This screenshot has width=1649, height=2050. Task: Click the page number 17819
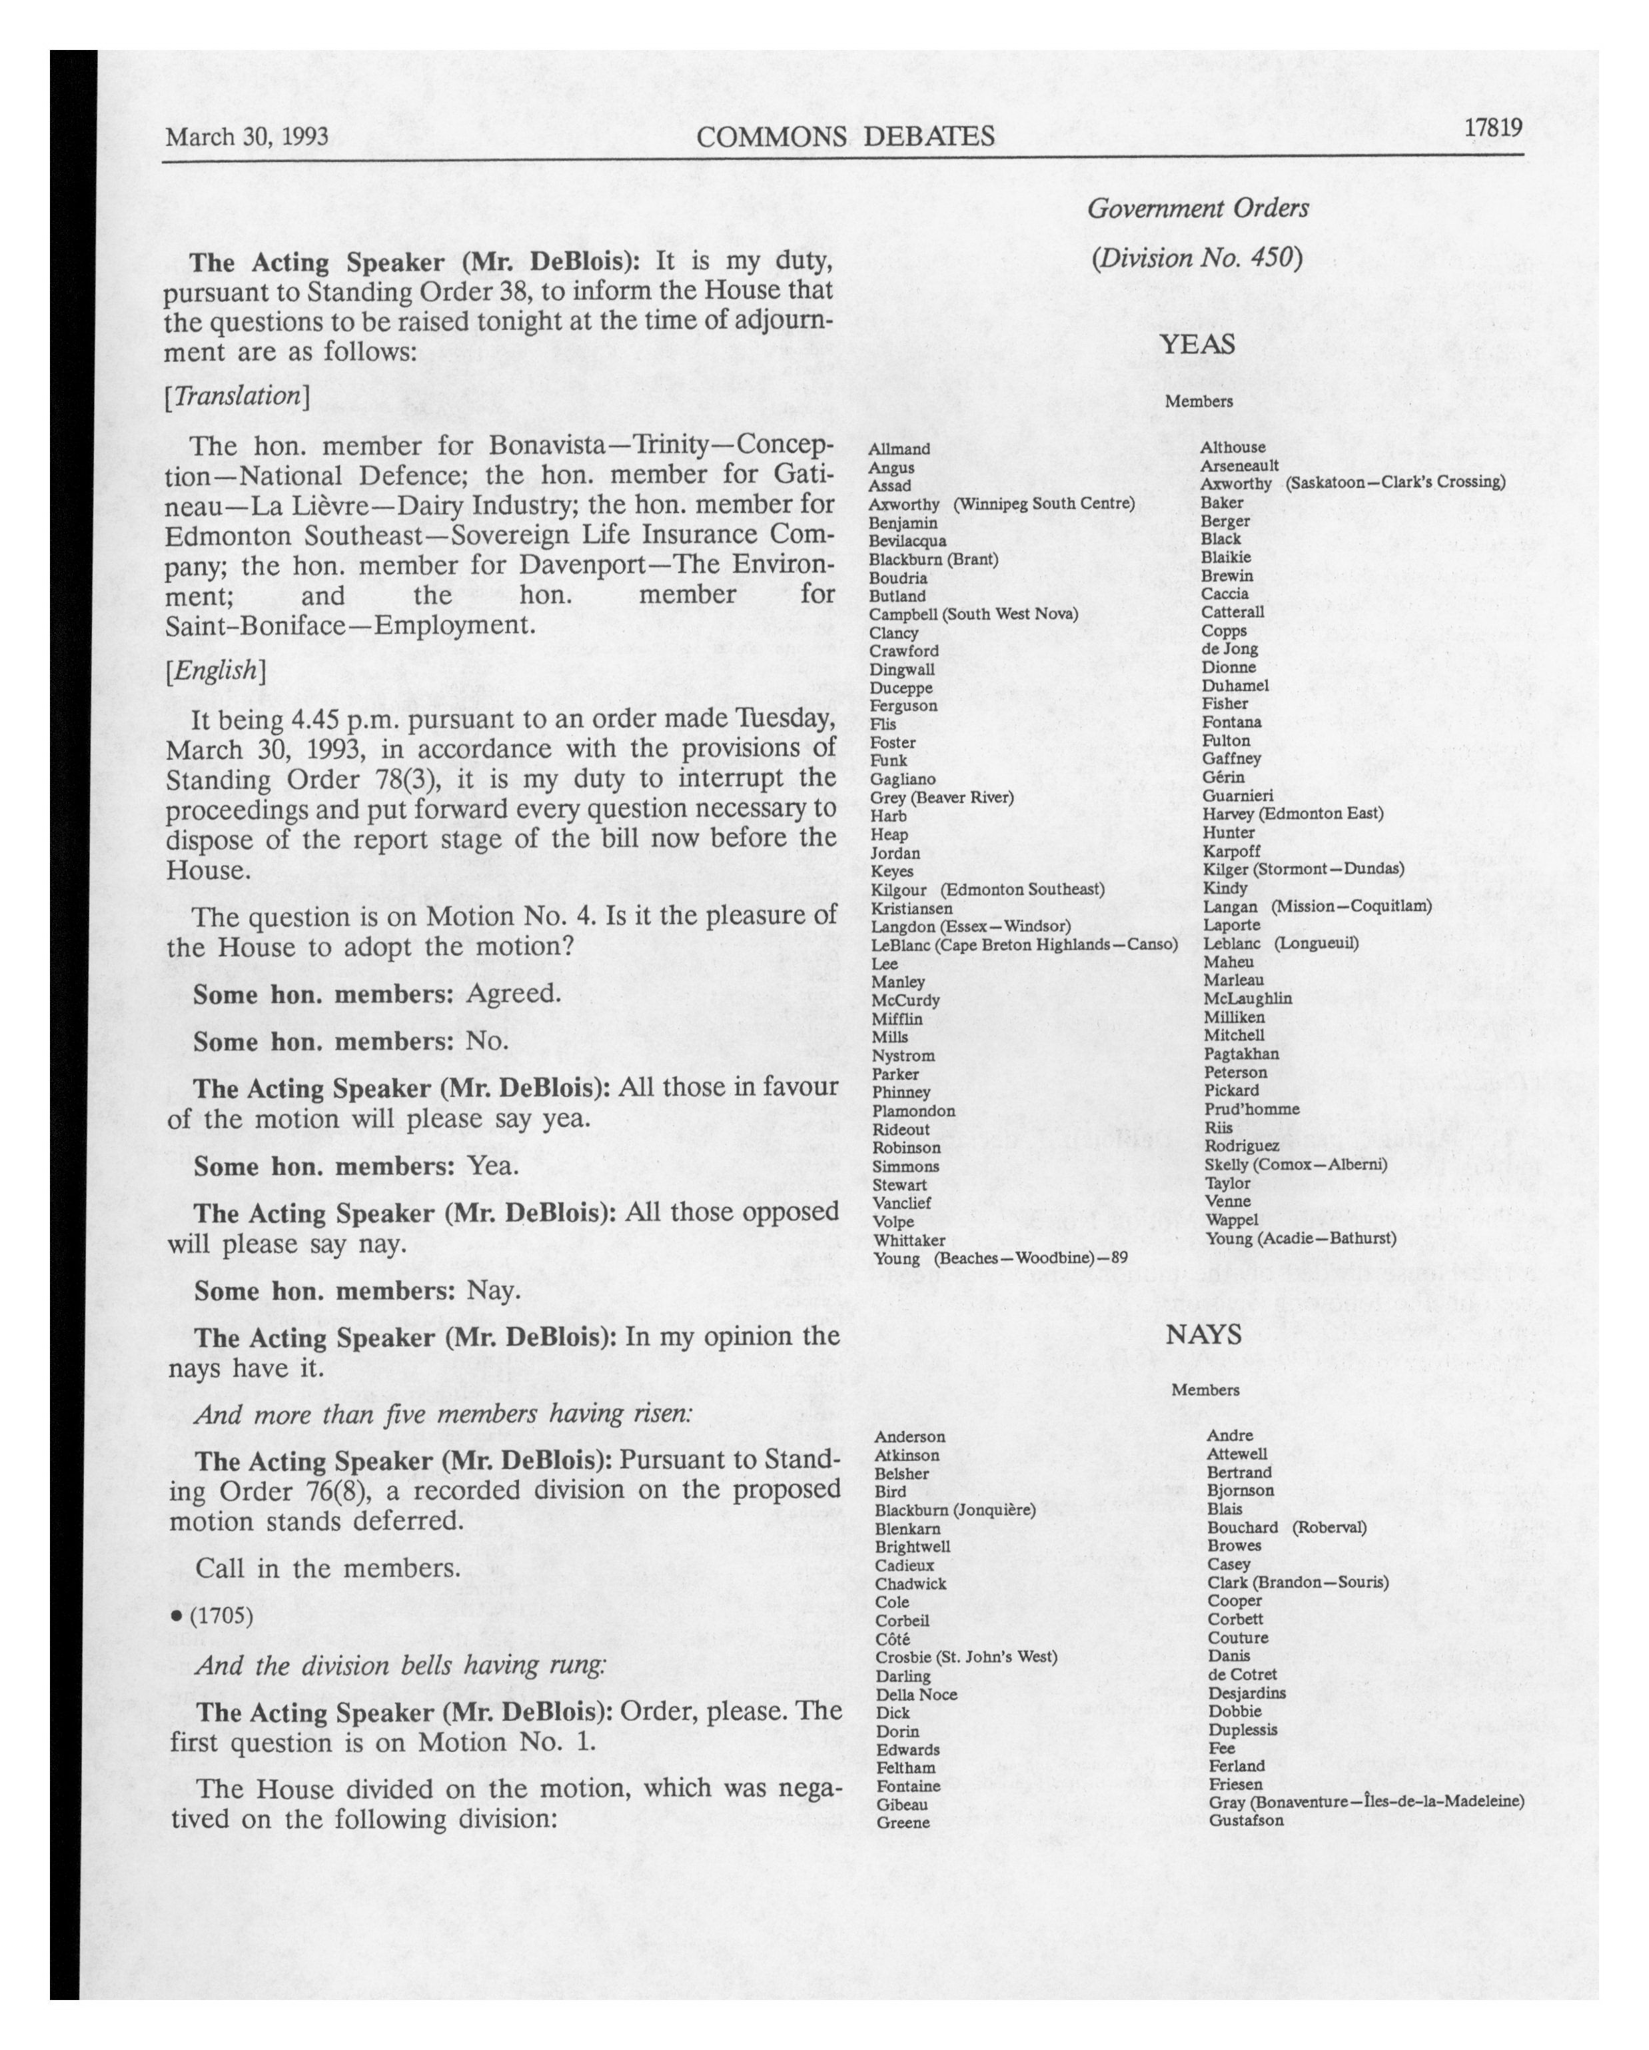coord(1493,127)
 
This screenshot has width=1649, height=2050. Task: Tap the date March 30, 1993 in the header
coord(247,137)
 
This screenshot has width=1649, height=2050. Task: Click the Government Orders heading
coord(1197,208)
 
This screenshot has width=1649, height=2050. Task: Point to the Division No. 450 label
coord(1197,259)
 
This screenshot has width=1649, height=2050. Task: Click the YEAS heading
coord(1197,344)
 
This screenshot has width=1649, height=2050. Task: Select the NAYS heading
coord(1203,1335)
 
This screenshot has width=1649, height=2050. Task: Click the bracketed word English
coord(215,671)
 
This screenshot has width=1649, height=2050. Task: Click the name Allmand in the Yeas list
coord(899,449)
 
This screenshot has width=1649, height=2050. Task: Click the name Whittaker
coord(909,1240)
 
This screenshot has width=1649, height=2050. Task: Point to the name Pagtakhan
coord(1241,1054)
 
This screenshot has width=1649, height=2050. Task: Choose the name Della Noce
coord(916,1694)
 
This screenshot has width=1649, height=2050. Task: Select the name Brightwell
coord(912,1546)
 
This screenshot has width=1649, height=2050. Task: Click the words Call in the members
coord(328,1568)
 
